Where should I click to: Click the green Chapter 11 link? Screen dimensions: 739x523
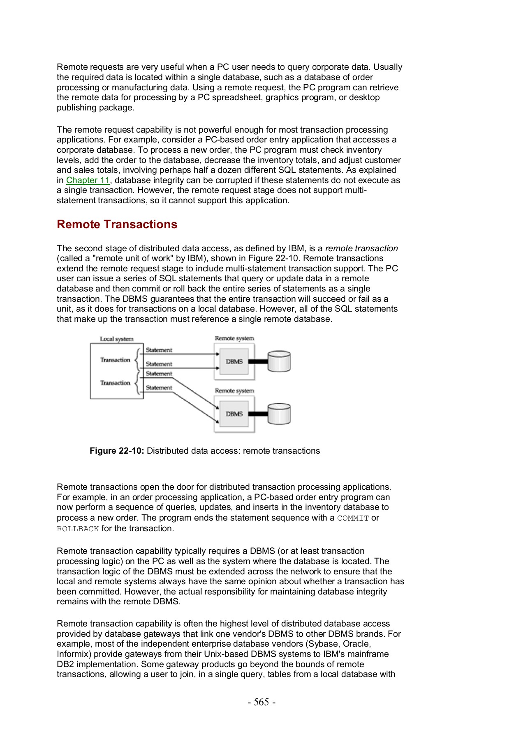[88, 180]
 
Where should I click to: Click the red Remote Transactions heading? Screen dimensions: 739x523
[117, 225]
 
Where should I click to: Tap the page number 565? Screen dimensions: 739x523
[261, 702]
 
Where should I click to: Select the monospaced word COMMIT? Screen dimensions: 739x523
[353, 518]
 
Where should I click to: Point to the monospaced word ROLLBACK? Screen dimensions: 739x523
[78, 529]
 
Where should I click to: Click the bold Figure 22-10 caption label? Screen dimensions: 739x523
[117, 451]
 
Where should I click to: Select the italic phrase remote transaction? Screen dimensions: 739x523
[361, 248]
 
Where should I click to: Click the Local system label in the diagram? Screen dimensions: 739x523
[117, 339]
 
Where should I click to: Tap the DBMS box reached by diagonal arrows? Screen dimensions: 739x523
[234, 414]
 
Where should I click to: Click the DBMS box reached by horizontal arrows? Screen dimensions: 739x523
[234, 361]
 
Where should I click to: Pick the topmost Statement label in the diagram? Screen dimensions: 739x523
[159, 350]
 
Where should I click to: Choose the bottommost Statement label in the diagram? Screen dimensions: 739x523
[159, 388]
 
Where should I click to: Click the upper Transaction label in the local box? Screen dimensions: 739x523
[115, 360]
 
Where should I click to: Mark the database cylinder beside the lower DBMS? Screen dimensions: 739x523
[279, 414]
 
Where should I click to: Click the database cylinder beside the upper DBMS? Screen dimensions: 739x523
[279, 361]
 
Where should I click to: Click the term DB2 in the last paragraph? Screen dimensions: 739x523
[65, 664]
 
